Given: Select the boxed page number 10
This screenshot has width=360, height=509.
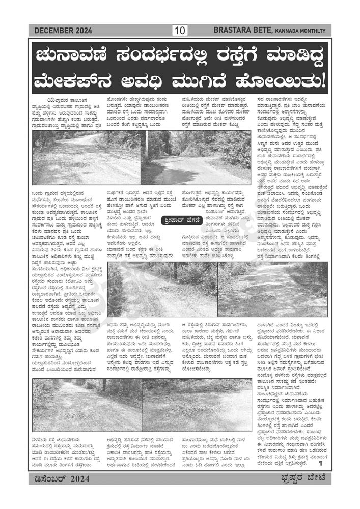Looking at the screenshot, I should coord(180,31).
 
